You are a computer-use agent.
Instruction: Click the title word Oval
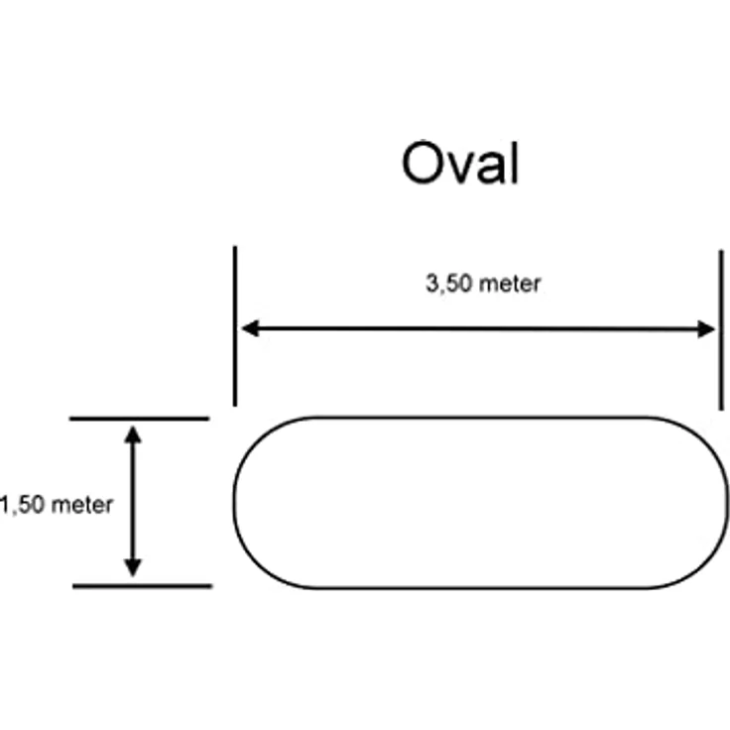click(x=460, y=163)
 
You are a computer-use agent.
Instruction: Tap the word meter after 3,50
click(x=510, y=284)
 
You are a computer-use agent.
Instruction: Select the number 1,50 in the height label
click(x=23, y=505)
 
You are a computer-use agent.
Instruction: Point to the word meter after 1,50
click(x=82, y=505)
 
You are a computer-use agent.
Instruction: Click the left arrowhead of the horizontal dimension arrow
click(x=251, y=328)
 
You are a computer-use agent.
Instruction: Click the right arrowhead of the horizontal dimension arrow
click(x=706, y=329)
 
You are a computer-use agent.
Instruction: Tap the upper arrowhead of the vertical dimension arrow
click(x=133, y=434)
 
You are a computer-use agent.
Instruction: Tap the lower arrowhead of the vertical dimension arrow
click(x=133, y=568)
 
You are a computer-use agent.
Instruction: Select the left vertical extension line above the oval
click(x=235, y=326)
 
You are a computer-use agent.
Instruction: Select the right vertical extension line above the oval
click(x=721, y=330)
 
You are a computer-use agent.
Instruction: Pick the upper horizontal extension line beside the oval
click(x=139, y=419)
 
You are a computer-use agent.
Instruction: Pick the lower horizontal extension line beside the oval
click(x=143, y=586)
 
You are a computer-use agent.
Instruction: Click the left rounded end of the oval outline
click(x=234, y=503)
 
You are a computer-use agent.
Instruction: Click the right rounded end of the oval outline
click(x=728, y=503)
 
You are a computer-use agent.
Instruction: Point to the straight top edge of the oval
click(x=481, y=418)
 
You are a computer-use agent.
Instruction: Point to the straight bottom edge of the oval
click(x=481, y=588)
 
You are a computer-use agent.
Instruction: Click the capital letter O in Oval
click(x=423, y=163)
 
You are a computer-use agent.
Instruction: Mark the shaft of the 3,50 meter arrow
click(x=478, y=328)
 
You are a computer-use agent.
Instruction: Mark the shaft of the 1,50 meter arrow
click(x=133, y=502)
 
